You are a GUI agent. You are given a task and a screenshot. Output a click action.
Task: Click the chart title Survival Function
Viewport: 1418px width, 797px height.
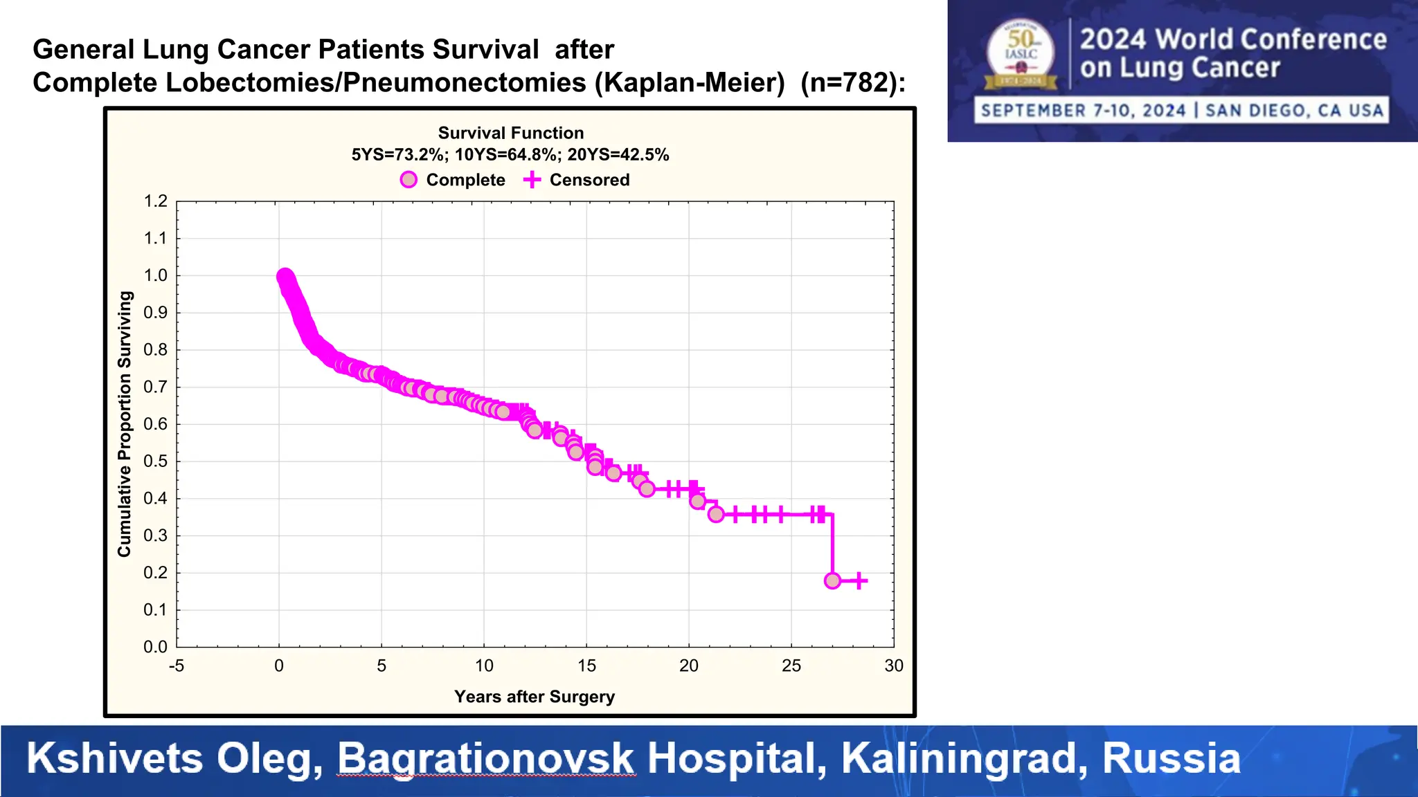coord(510,133)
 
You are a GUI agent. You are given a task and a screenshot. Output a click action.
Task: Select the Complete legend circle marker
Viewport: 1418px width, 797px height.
coord(409,180)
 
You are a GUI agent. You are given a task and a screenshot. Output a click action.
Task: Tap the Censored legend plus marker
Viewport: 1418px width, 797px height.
coord(532,180)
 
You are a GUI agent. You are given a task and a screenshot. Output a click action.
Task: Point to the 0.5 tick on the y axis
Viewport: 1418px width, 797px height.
coord(156,461)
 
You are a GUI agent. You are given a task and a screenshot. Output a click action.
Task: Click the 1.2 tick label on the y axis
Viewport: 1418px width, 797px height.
coord(156,201)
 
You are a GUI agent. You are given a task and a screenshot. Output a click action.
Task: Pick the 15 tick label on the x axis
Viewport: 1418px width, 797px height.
coord(586,666)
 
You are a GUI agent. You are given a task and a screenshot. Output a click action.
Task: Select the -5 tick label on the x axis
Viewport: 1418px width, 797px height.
coord(177,666)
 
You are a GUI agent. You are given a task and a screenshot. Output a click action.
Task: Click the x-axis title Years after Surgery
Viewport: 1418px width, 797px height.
coord(534,697)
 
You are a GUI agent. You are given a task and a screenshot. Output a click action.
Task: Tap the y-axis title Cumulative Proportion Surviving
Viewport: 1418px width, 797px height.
coord(125,423)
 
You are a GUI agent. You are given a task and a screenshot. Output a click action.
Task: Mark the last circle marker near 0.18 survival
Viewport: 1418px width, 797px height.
coord(832,580)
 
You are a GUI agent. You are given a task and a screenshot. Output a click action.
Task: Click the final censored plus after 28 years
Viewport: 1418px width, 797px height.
coord(859,580)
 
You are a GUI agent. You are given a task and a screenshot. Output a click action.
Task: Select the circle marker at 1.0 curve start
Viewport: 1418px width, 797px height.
coord(284,277)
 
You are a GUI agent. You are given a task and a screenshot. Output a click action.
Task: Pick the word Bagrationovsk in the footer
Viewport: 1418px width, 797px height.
coord(485,758)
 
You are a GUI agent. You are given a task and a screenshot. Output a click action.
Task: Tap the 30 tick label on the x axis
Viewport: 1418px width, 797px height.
coord(893,666)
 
